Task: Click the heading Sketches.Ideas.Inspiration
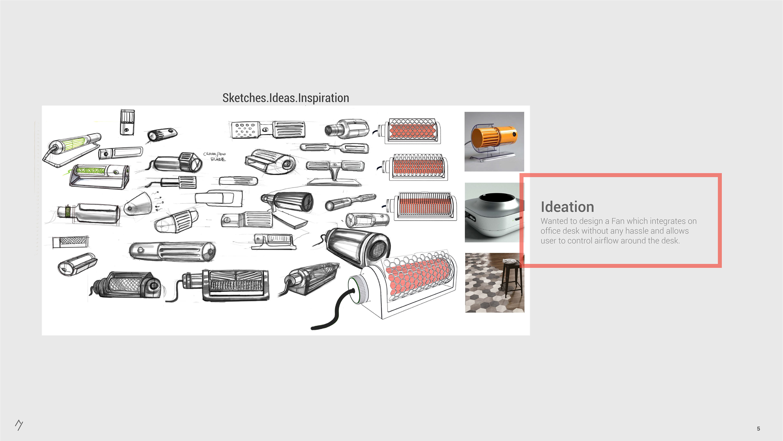tap(285, 98)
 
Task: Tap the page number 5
tap(758, 429)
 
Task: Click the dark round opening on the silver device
tap(496, 198)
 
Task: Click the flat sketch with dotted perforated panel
tap(245, 130)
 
